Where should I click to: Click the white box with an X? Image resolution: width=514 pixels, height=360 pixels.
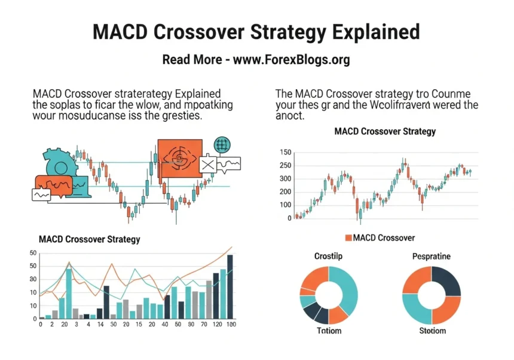coord(208,163)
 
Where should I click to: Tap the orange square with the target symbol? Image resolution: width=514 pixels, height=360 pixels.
coord(180,158)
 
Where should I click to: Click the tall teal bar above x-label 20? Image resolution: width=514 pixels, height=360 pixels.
coord(69,292)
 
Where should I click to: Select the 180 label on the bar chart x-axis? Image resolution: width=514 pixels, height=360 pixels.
coord(231,324)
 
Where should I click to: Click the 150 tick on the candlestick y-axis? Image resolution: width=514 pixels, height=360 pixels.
coord(284,152)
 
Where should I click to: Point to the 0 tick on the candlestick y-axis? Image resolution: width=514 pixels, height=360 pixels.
coord(289,218)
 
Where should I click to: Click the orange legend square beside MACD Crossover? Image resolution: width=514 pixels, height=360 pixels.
coord(349,238)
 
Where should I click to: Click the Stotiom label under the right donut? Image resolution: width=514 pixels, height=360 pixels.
coord(432,330)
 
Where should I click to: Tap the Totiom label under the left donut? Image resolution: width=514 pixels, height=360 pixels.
coord(328,330)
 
